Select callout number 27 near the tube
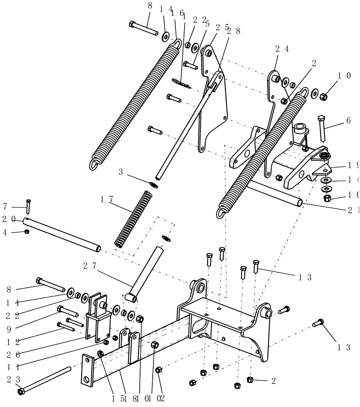90,265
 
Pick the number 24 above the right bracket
282,49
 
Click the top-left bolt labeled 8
143,30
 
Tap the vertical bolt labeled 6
322,128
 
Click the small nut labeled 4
26,232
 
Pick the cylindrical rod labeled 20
61,235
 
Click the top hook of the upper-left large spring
178,42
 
